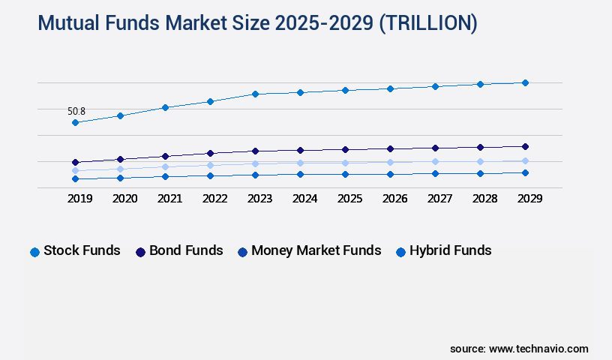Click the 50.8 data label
pos(76,111)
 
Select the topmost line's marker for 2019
pos(75,122)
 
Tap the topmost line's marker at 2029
pos(525,82)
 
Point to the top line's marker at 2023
pos(255,94)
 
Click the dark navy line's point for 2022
pos(210,153)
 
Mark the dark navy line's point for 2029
pos(525,146)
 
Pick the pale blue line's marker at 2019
pos(75,171)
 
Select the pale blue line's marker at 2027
pos(435,161)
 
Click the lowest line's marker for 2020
pos(120,178)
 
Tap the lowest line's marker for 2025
pos(345,174)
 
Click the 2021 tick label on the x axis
pos(169,199)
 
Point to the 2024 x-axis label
pos(304,199)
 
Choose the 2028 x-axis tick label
pos(484,199)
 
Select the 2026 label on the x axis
pos(394,199)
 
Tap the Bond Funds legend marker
pos(140,252)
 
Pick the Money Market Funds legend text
pos(316,250)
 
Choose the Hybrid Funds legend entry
pos(450,250)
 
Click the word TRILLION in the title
pos(427,23)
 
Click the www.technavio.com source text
pos(538,349)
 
